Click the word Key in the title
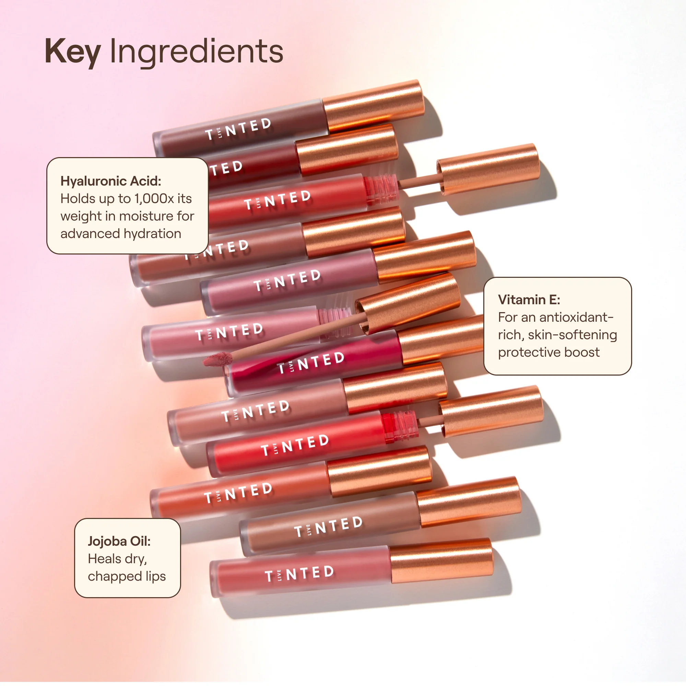tap(72, 52)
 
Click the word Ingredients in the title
tap(196, 52)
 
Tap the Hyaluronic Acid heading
tap(111, 181)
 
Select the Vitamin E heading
tap(529, 300)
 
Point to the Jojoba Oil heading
tap(119, 541)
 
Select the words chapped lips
tap(127, 576)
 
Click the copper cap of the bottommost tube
tap(441, 561)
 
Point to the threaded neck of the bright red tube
tap(400, 427)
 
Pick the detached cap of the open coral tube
tap(488, 169)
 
